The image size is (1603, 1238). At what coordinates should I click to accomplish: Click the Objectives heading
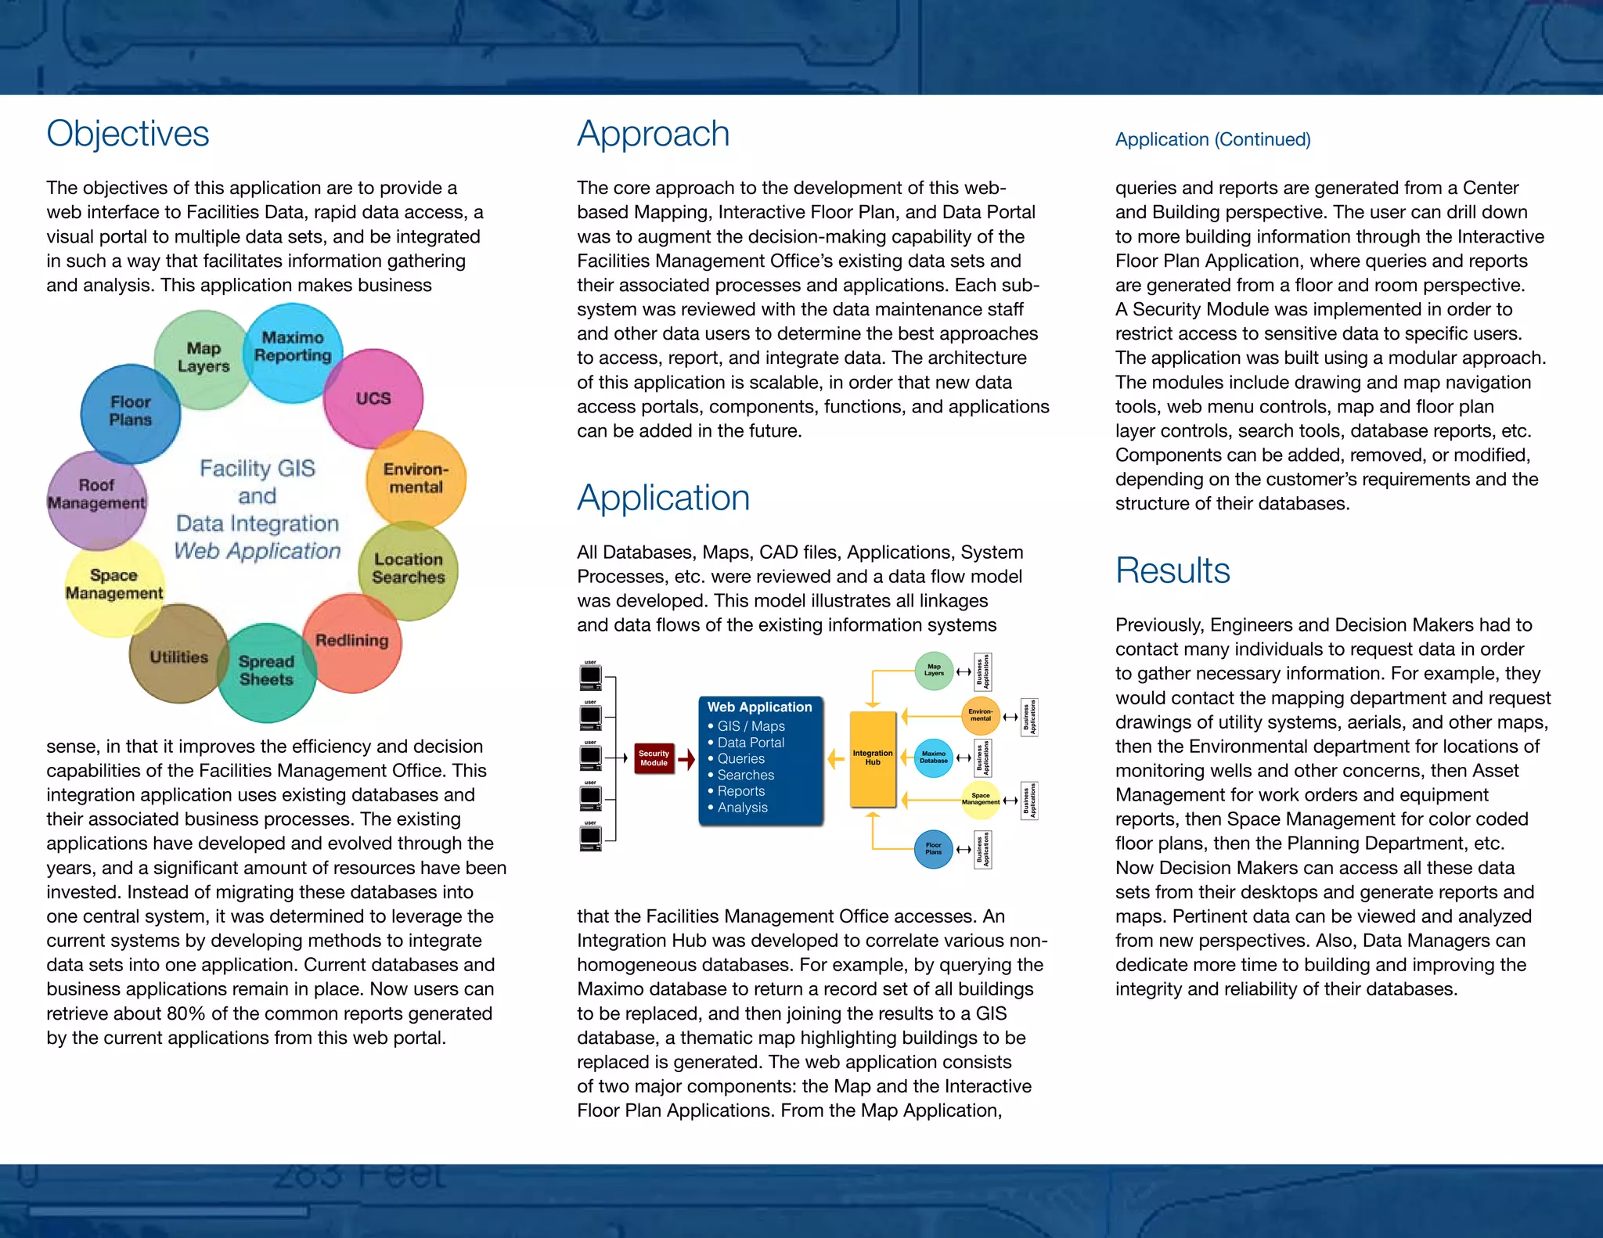point(128,134)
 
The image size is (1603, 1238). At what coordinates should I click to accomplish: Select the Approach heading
point(653,134)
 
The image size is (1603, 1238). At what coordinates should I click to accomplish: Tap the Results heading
point(1172,570)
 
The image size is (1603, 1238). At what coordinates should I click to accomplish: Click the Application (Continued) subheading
point(1212,139)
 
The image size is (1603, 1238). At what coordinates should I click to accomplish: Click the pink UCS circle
point(373,398)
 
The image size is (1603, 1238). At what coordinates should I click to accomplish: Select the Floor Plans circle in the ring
point(130,411)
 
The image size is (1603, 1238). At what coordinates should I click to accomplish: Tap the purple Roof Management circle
point(96,495)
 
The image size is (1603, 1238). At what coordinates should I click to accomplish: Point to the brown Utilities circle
point(179,657)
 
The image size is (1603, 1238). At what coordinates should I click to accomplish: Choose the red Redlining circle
point(352,641)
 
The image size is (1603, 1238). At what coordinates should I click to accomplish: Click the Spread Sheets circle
point(266,671)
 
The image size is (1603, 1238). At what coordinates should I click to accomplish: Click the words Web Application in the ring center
point(258,551)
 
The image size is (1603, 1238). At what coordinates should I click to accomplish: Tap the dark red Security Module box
point(654,758)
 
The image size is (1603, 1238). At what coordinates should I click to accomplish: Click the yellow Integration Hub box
point(872,758)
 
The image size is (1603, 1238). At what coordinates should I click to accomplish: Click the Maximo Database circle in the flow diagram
point(933,758)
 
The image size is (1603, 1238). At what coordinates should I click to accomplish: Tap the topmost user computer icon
point(591,675)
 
